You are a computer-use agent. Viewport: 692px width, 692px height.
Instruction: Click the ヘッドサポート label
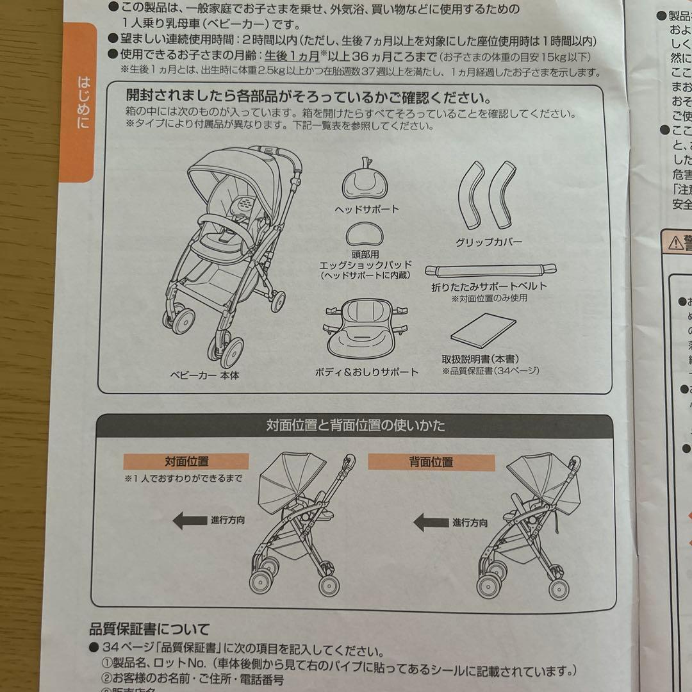(x=367, y=209)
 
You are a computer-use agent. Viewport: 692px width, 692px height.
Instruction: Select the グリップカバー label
(x=489, y=242)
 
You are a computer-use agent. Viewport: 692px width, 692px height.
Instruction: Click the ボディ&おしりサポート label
(x=367, y=372)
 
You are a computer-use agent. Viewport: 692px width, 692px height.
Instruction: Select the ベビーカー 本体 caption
(x=204, y=375)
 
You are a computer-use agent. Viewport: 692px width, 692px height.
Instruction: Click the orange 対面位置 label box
(x=186, y=461)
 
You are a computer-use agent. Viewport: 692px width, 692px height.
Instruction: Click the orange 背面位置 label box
(x=431, y=462)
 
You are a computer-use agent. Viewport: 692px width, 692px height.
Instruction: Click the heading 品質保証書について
(x=149, y=629)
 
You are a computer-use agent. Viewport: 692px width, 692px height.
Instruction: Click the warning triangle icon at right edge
(x=676, y=243)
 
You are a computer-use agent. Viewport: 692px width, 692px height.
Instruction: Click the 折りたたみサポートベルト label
(x=489, y=287)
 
